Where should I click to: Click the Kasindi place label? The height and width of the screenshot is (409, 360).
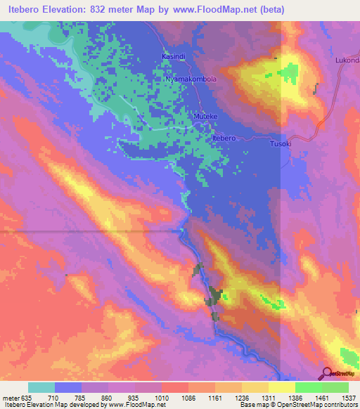pyautogui.click(x=173, y=56)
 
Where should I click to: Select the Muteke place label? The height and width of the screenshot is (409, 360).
pyautogui.click(x=205, y=115)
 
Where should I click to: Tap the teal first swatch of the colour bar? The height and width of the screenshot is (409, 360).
pyautogui.click(x=41, y=387)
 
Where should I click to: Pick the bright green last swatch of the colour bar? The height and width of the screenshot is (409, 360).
pyautogui.click(x=335, y=387)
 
